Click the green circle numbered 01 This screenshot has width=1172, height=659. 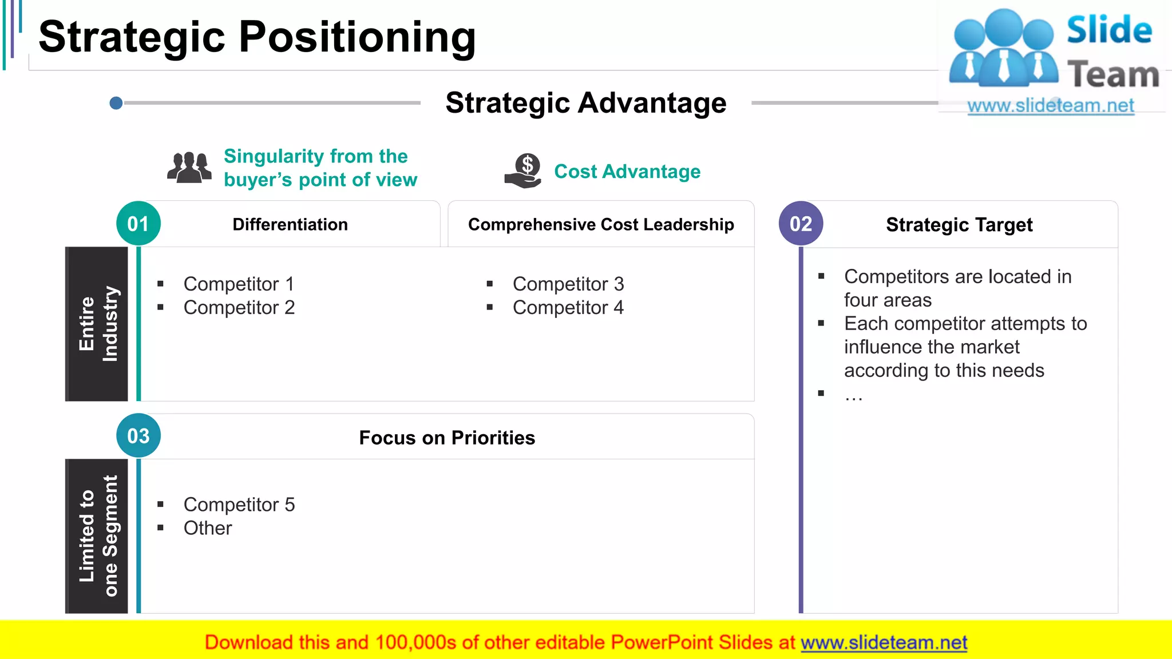(138, 224)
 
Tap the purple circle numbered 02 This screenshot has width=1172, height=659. (801, 224)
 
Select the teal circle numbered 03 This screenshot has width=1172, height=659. (138, 436)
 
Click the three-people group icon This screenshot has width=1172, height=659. (189, 168)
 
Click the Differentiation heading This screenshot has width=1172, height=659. (290, 225)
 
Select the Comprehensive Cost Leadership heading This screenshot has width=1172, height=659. (601, 225)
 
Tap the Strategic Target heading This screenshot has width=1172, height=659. (959, 225)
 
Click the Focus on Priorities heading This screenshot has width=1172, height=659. (447, 438)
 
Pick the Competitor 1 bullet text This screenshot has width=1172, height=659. (239, 284)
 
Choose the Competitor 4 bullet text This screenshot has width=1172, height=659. (568, 308)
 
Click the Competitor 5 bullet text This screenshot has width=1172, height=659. (239, 505)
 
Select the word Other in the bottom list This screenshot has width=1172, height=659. (208, 528)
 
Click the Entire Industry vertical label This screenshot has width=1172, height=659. (97, 324)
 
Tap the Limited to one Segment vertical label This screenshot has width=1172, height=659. (97, 536)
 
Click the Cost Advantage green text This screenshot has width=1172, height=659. (627, 172)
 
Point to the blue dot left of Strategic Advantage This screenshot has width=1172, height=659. (116, 103)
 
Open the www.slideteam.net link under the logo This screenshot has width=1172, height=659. (1051, 106)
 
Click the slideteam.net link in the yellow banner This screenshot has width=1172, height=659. (884, 643)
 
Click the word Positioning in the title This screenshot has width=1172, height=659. (357, 37)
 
